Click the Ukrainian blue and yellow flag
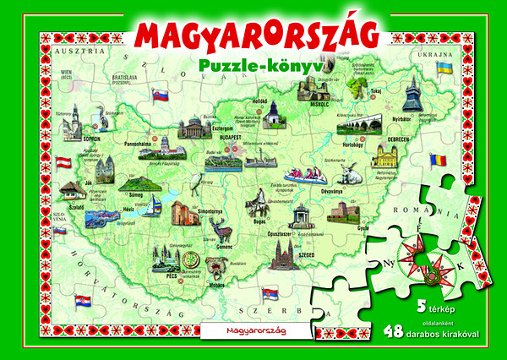441,66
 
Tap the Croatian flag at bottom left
83,302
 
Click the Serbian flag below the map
269,293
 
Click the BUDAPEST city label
230,136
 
